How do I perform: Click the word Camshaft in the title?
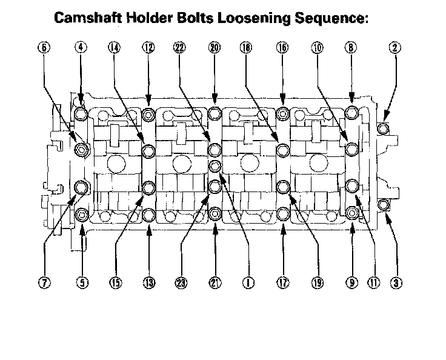click(86, 18)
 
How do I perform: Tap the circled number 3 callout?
click(396, 282)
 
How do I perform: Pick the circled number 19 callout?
click(316, 282)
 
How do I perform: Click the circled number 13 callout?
click(148, 282)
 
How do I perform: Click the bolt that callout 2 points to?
click(382, 128)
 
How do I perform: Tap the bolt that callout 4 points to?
click(82, 113)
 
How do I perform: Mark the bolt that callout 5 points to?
click(82, 213)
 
